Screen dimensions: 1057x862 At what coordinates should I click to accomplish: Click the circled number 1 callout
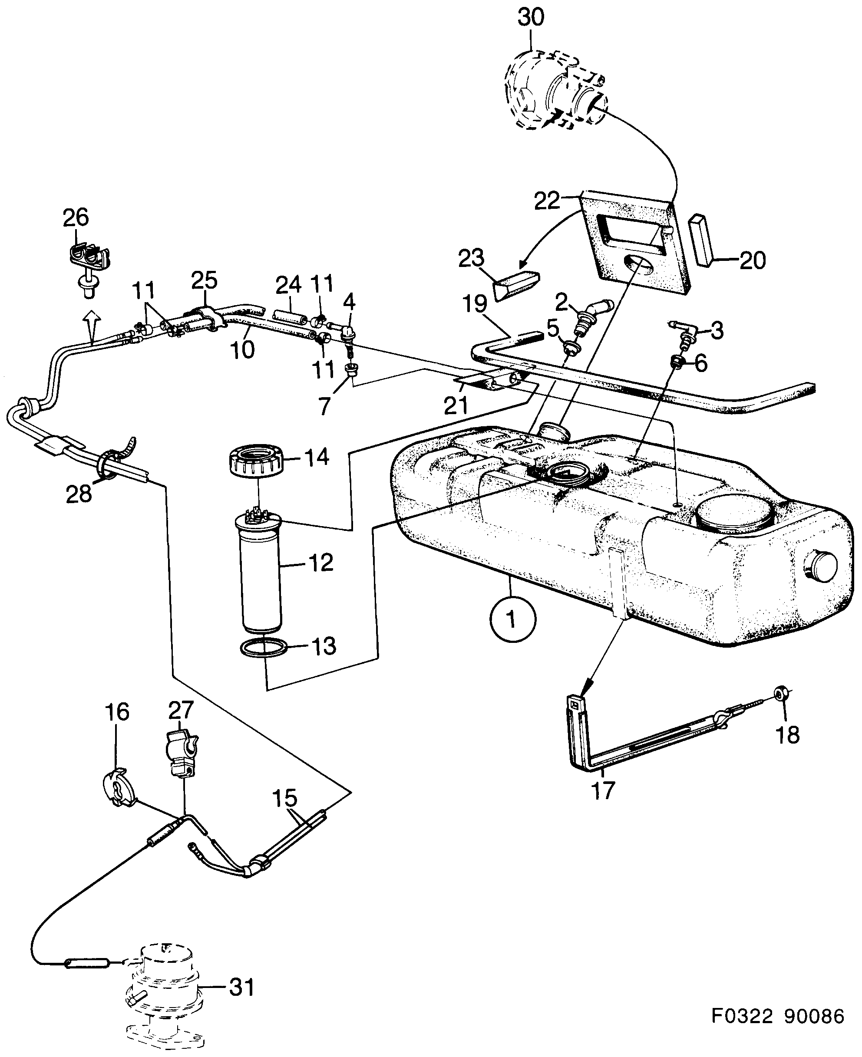coord(512,620)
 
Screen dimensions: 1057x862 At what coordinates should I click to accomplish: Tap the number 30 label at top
coord(531,17)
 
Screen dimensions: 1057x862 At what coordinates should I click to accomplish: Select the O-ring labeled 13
coord(264,649)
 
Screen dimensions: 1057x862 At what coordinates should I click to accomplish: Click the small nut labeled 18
coord(781,693)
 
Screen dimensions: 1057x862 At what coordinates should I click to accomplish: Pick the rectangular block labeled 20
coord(699,240)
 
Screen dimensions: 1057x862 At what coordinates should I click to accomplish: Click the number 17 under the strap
coord(603,790)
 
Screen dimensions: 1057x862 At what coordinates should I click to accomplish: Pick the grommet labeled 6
coord(676,362)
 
